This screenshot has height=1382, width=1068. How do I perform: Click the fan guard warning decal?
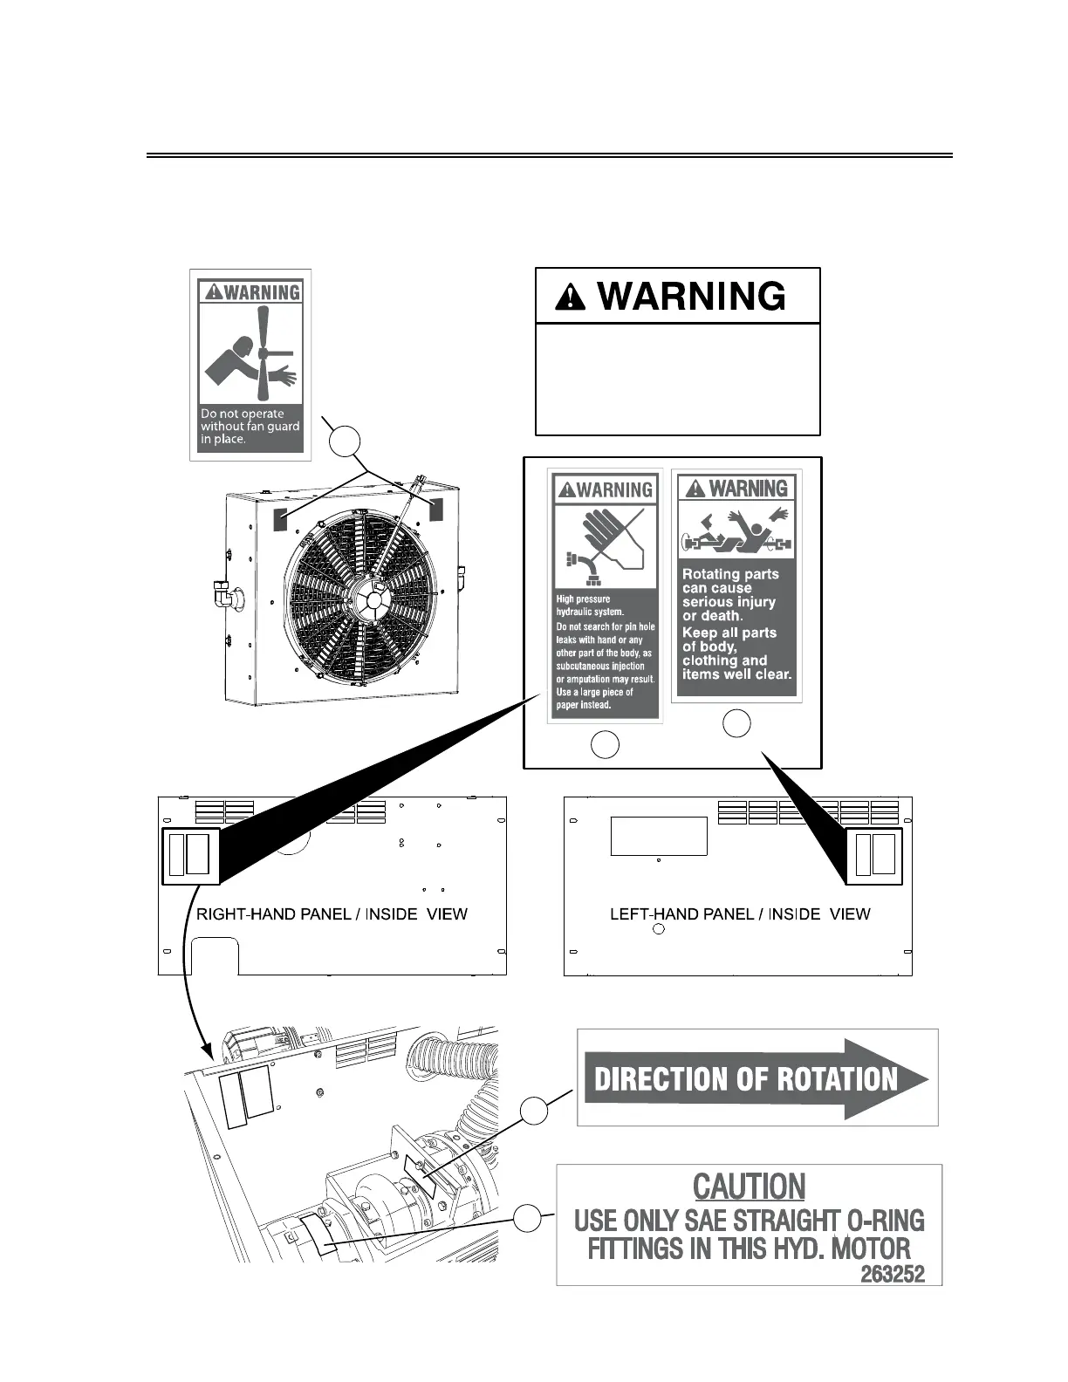coord(250,365)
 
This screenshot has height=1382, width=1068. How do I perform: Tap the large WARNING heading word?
coord(691,297)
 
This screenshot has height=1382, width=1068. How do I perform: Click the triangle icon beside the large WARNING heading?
coord(572,298)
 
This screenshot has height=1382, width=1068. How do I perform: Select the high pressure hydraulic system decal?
coord(605,596)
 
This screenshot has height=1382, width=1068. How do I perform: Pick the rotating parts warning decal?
coord(736,585)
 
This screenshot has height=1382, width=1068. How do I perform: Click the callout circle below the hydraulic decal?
coord(605,744)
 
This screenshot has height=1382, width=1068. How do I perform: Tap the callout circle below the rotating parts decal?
coord(737,723)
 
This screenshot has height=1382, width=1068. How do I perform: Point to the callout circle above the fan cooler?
coord(346,441)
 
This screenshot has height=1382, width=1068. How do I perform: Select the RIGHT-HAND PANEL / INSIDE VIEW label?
coord(332,914)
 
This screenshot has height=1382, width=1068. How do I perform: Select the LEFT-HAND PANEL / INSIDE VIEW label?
coord(740,914)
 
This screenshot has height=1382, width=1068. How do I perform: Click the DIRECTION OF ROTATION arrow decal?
coord(756,1078)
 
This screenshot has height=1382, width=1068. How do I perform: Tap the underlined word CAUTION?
coord(749,1187)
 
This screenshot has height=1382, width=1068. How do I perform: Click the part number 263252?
coord(893,1274)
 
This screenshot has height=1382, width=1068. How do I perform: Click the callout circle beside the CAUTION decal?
coord(525,1218)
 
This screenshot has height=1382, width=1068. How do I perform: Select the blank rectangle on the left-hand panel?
coord(658,836)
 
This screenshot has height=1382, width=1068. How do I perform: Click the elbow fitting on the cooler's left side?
coord(224,596)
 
